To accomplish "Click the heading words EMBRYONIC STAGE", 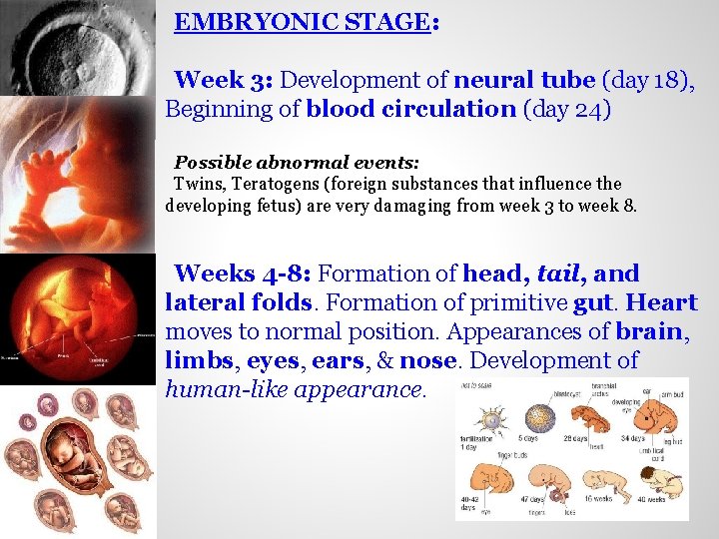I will click(302, 22).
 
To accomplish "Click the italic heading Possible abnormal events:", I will click(297, 162).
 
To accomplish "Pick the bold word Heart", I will click(662, 302).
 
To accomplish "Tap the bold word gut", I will click(595, 302).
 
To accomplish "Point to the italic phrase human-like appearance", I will click(295, 389).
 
